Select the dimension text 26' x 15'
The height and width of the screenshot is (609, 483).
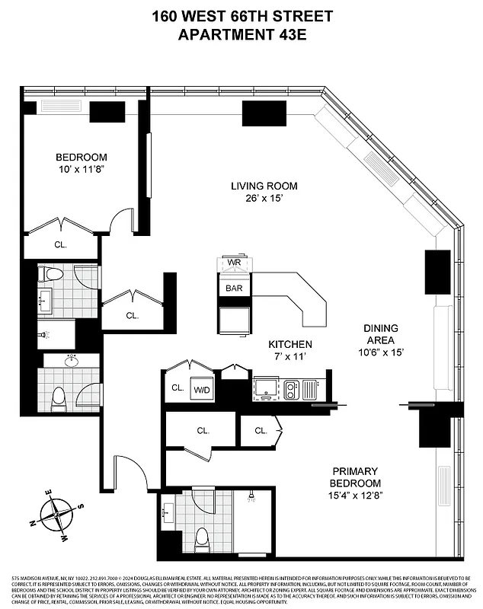pos(264,199)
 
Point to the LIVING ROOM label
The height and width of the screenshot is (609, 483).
pos(264,186)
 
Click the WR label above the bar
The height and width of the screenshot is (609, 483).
pos(234,264)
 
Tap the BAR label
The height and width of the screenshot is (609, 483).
pos(233,288)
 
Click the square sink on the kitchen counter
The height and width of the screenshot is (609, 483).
pos(266,387)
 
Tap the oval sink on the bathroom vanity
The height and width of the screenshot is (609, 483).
pos(72,362)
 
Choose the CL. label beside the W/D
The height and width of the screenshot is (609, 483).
pos(178,387)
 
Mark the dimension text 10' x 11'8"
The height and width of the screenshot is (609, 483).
pos(80,171)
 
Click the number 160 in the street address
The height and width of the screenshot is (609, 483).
pos(168,16)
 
